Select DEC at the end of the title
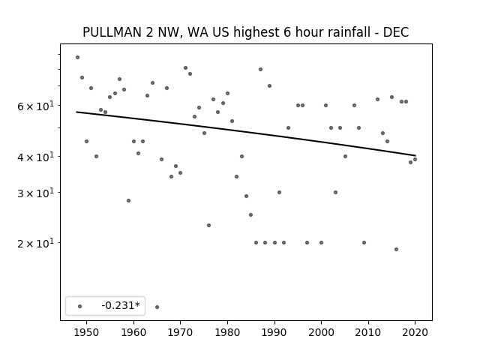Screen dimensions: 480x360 pyautogui.click(x=396, y=32)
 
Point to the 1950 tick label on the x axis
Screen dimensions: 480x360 pyautogui.click(x=87, y=333)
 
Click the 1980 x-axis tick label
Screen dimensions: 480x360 pyautogui.click(x=227, y=333)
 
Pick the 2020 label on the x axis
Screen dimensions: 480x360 pyautogui.click(x=415, y=333)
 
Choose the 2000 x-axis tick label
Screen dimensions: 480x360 pyautogui.click(x=322, y=333)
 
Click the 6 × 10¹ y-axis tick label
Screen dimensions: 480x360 pyautogui.click(x=36, y=106)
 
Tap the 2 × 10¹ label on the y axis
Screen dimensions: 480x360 pyautogui.click(x=36, y=243)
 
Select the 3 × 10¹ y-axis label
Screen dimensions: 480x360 pyautogui.click(x=36, y=193)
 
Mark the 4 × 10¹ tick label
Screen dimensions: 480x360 pyautogui.click(x=36, y=157)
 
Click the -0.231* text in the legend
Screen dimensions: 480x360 pyautogui.click(x=121, y=305)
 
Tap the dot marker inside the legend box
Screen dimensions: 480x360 pyautogui.click(x=80, y=306)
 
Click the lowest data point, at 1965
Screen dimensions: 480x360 pyautogui.click(x=157, y=307)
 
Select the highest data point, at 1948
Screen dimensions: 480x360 pyautogui.click(x=77, y=57)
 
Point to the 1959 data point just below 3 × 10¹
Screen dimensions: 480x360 pyautogui.click(x=128, y=200)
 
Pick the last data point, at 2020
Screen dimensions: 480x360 pyautogui.click(x=415, y=159)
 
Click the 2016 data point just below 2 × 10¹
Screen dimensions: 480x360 pyautogui.click(x=396, y=249)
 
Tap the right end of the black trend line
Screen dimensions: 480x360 pyautogui.click(x=415, y=155)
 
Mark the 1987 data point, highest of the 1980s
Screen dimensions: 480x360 pyautogui.click(x=260, y=69)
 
